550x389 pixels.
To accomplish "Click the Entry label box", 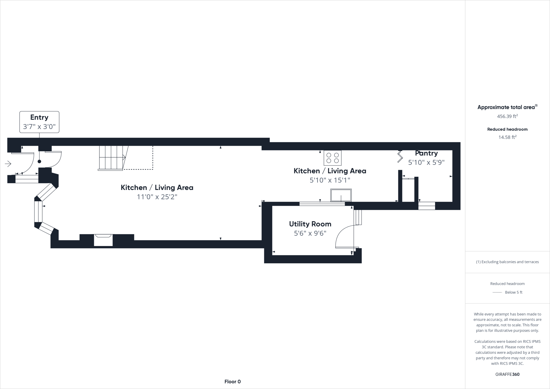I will point(39,122).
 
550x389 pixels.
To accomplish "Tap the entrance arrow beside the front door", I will point(8,164).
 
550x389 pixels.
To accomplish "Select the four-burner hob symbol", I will point(332,158).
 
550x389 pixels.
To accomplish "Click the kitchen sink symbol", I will point(341,195).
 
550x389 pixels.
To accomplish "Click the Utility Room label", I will point(310,224).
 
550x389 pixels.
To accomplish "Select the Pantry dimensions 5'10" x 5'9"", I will point(426,163).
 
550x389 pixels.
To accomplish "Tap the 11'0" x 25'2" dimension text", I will point(157,197).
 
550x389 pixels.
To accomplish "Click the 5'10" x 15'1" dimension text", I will point(330,180).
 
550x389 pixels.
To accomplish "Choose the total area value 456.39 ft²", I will point(507,116).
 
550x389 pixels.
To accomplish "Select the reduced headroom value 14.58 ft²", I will point(507,137).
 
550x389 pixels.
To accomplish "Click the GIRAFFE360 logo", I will point(507,374).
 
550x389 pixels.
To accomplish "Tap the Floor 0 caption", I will point(233,382).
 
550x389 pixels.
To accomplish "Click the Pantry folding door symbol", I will point(400,157).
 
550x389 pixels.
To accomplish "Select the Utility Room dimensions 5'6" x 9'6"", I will point(310,233).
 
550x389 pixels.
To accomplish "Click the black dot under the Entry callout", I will point(39,161).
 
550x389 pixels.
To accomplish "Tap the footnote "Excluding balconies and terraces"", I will point(507,262).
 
